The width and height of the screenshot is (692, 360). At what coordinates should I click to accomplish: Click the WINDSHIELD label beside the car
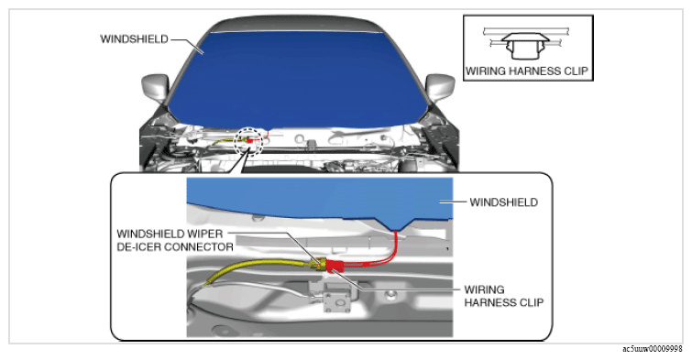click(x=134, y=39)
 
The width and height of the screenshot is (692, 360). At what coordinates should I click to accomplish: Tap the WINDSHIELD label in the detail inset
click(x=503, y=202)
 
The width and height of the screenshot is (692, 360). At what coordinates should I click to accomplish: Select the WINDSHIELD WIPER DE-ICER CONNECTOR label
click(x=175, y=240)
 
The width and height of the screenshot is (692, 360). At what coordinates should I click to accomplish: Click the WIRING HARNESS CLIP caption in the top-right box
click(x=527, y=71)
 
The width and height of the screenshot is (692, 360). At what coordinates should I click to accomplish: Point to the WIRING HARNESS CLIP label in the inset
click(x=503, y=296)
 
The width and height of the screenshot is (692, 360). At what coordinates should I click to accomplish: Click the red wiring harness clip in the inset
click(x=335, y=266)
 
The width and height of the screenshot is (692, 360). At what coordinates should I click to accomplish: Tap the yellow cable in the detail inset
click(x=256, y=270)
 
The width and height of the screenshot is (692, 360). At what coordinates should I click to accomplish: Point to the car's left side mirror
click(x=155, y=87)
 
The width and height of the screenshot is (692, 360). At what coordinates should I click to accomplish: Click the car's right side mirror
click(x=441, y=86)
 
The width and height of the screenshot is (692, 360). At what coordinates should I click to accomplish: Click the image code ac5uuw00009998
click(x=653, y=349)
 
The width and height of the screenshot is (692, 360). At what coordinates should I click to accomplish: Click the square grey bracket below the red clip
click(x=337, y=298)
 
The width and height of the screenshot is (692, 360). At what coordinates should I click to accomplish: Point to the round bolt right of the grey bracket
click(x=390, y=295)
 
